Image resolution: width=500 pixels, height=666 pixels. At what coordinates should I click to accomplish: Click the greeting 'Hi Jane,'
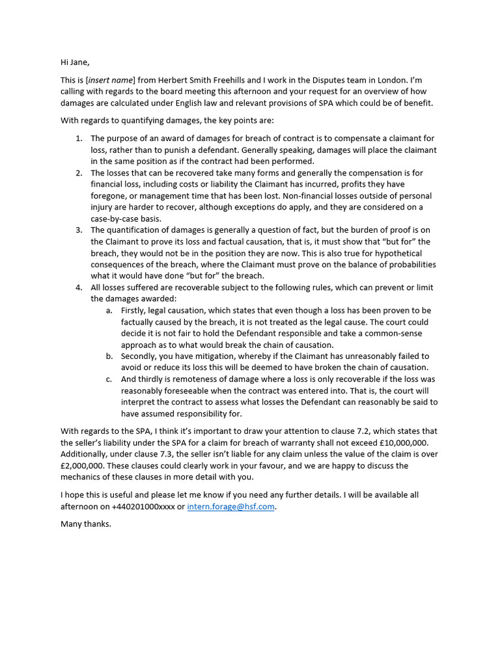tap(75, 62)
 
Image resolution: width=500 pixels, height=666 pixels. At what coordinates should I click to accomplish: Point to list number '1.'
tap(79, 139)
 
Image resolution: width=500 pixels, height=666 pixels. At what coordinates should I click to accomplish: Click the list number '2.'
tap(79, 173)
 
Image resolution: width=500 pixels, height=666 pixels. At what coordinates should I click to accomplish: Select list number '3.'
tap(79, 230)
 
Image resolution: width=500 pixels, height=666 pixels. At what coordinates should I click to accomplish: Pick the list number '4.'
tap(79, 287)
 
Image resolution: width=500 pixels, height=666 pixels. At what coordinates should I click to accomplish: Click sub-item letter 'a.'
tap(109, 310)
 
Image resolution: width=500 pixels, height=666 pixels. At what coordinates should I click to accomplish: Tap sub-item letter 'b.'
tap(109, 356)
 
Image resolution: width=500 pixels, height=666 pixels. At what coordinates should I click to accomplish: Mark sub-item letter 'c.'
tap(109, 379)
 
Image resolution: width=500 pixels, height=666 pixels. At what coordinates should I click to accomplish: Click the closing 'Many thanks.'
tap(86, 524)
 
